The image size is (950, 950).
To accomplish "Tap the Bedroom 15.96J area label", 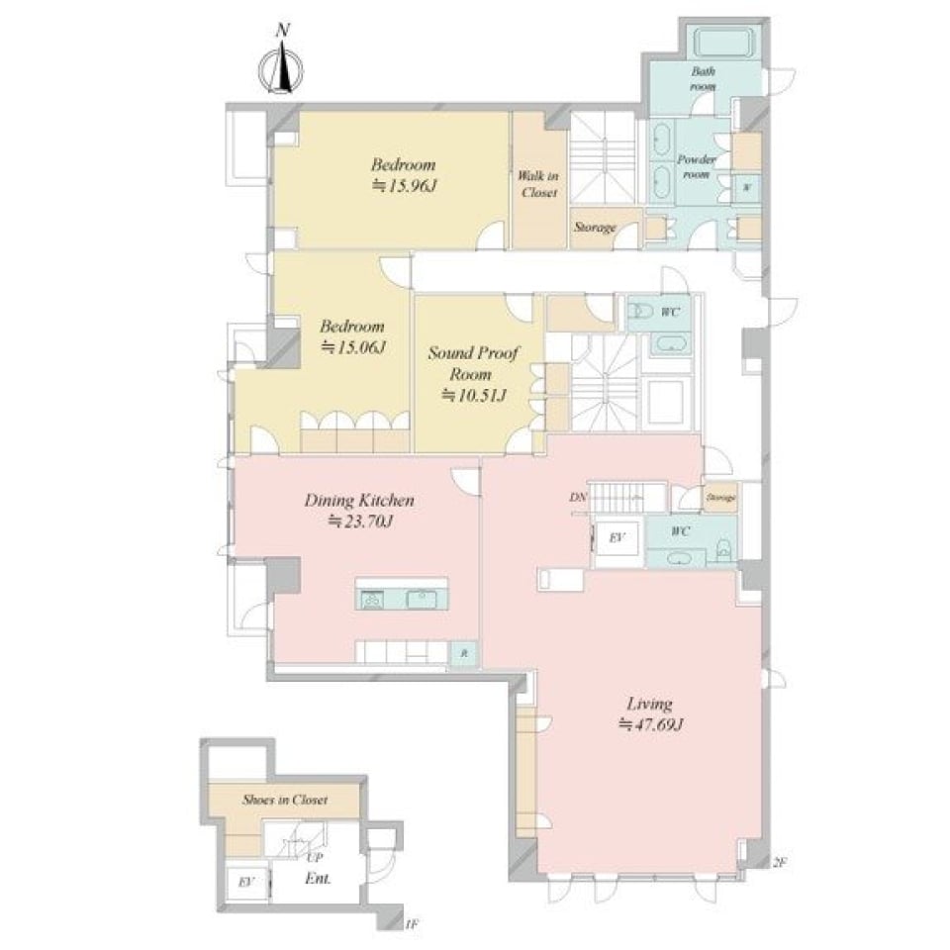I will pyautogui.click(x=403, y=175).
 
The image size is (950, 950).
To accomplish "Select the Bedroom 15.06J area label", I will pyautogui.click(x=351, y=336).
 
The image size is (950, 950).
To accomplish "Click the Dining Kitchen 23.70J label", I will pyautogui.click(x=358, y=511).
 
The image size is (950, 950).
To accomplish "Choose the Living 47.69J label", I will pyautogui.click(x=650, y=713).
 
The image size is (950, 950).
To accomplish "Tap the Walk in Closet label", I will pyautogui.click(x=538, y=184).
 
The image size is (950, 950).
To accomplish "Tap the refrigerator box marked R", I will pyautogui.click(x=463, y=653).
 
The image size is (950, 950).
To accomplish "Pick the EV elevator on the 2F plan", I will pyautogui.click(x=614, y=539).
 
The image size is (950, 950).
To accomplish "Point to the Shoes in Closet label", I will pyautogui.click(x=285, y=800).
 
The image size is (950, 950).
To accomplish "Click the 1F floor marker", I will pyautogui.click(x=412, y=924).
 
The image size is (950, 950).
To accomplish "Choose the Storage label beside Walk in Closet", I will pyautogui.click(x=594, y=228).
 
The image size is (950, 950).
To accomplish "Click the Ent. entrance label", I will pyautogui.click(x=318, y=879).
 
